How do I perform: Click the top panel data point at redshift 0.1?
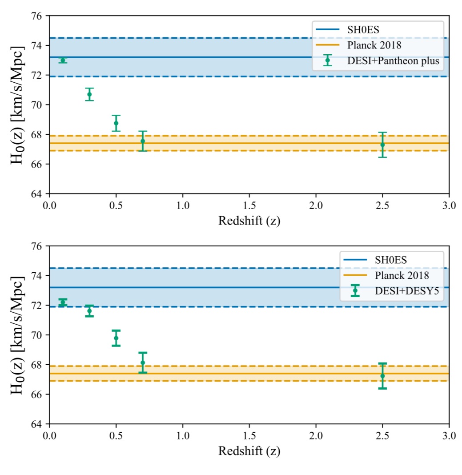(x=63, y=60)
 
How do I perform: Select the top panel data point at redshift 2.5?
(x=382, y=145)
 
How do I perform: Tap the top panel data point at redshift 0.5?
(x=116, y=123)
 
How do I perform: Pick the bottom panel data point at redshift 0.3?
(x=89, y=311)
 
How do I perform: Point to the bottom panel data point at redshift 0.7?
(x=143, y=362)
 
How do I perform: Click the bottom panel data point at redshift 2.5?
(x=382, y=376)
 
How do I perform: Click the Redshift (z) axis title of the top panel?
(x=249, y=221)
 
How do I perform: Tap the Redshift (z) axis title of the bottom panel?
(x=249, y=451)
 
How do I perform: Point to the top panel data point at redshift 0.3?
(x=89, y=94)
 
